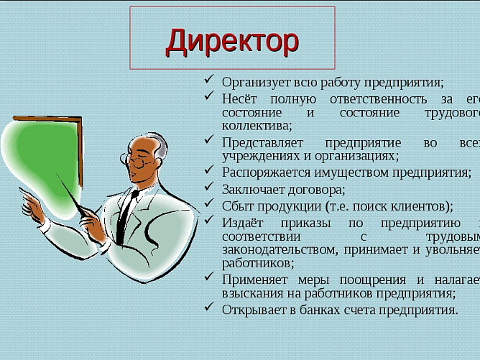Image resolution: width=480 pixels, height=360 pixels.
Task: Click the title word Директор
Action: (x=231, y=41)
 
